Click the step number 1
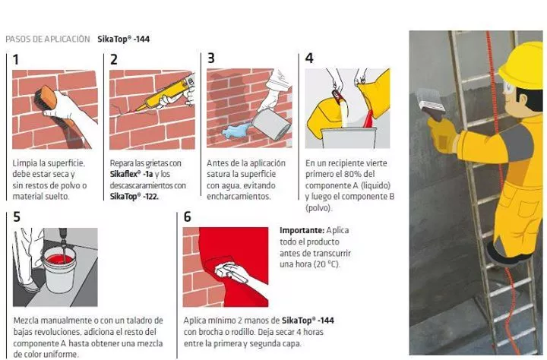coord(16,60)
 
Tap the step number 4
coord(309,58)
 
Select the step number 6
coord(188,217)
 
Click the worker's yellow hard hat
coord(521,66)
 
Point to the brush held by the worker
coord(432,101)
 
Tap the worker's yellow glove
coord(443,134)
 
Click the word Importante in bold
coord(302,231)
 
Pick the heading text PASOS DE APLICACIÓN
coord(48,39)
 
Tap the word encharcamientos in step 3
coord(239,197)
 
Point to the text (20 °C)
coord(326,264)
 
